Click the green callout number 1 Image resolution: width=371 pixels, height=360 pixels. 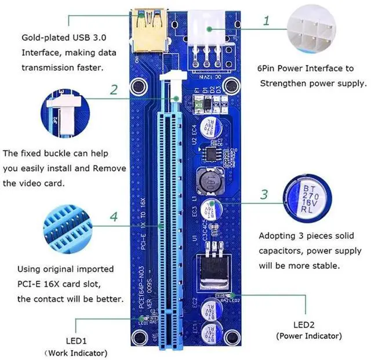[x=266, y=21]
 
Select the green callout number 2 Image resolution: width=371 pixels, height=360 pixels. [x=114, y=89]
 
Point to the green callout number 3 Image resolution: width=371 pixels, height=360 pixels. [x=264, y=194]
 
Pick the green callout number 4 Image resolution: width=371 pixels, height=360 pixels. [x=114, y=217]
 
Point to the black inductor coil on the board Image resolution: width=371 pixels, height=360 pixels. [x=209, y=183]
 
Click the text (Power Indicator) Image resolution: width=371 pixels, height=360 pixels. [x=308, y=336]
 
